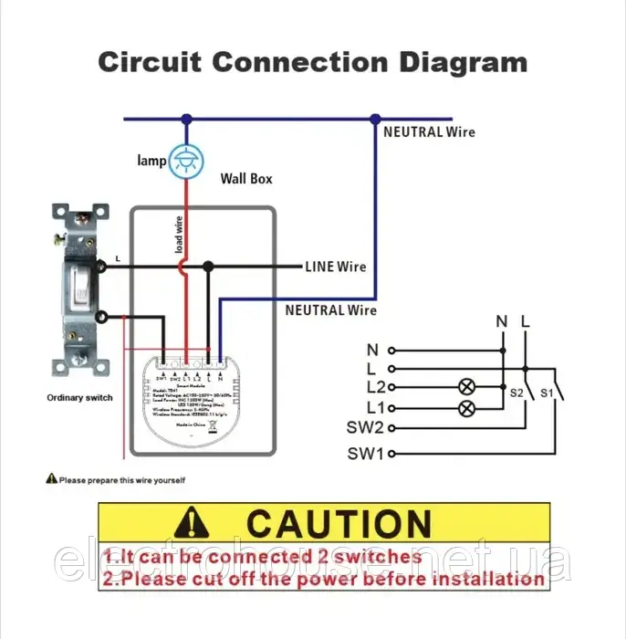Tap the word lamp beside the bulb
click(151, 161)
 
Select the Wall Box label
click(246, 179)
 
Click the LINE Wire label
click(335, 267)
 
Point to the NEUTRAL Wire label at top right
click(429, 131)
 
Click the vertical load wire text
click(179, 235)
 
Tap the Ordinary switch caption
click(80, 398)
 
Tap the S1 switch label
click(548, 393)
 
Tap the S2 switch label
click(516, 393)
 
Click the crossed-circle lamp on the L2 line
click(466, 387)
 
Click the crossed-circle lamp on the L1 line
click(466, 407)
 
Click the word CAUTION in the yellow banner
click(339, 524)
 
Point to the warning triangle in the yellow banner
click(192, 523)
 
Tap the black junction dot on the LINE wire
click(208, 267)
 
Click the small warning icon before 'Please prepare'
click(51, 479)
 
